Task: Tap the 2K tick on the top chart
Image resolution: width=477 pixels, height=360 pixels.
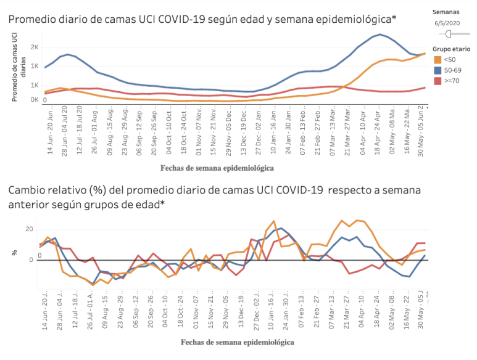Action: click(x=35, y=47)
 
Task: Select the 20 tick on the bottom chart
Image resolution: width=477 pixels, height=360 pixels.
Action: click(x=29, y=229)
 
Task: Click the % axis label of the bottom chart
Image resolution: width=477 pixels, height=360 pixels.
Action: click(x=15, y=253)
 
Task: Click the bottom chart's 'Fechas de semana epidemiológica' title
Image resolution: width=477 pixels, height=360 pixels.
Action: click(x=237, y=342)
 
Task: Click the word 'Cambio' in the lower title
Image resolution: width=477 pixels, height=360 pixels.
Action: click(x=27, y=190)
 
